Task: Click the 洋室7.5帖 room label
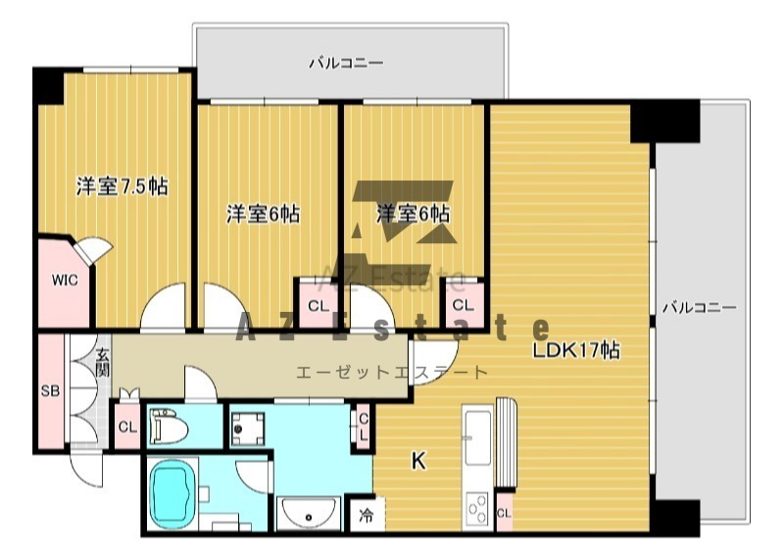[122, 186]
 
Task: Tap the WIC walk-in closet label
[65, 280]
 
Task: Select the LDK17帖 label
[576, 350]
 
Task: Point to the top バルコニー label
[346, 63]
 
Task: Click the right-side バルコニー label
[700, 307]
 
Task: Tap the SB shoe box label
[50, 390]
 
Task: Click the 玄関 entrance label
[103, 362]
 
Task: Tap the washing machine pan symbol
[248, 429]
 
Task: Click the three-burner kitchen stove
[476, 509]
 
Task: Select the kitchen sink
[477, 437]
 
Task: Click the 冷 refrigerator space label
[367, 515]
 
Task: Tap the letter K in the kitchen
[418, 460]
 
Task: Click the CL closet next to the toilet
[127, 427]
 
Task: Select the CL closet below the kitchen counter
[504, 514]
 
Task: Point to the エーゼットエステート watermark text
[391, 373]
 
